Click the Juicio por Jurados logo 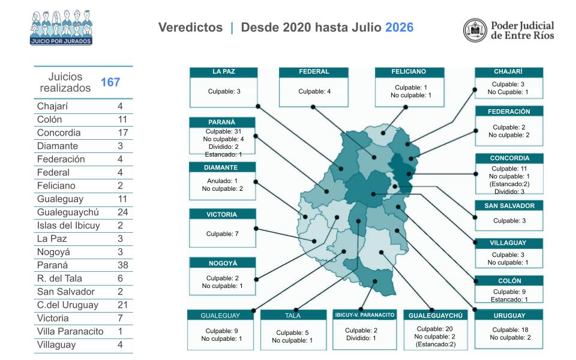point(61,27)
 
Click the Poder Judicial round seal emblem point(475,30)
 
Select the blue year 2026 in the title point(400,27)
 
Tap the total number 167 point(110,82)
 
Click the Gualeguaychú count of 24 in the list point(122,212)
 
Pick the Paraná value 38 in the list point(122,265)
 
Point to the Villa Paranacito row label point(70,331)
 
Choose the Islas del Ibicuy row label point(68,225)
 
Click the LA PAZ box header point(223,72)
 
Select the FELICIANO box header point(409,72)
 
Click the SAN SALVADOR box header point(509,206)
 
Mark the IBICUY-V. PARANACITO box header point(364,315)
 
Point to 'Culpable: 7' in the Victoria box point(222,233)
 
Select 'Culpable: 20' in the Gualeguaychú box point(434,329)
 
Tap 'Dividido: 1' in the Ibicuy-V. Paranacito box point(361,338)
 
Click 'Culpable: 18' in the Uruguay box point(510,330)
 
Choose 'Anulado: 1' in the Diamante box point(222,181)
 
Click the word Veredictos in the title point(190,27)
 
